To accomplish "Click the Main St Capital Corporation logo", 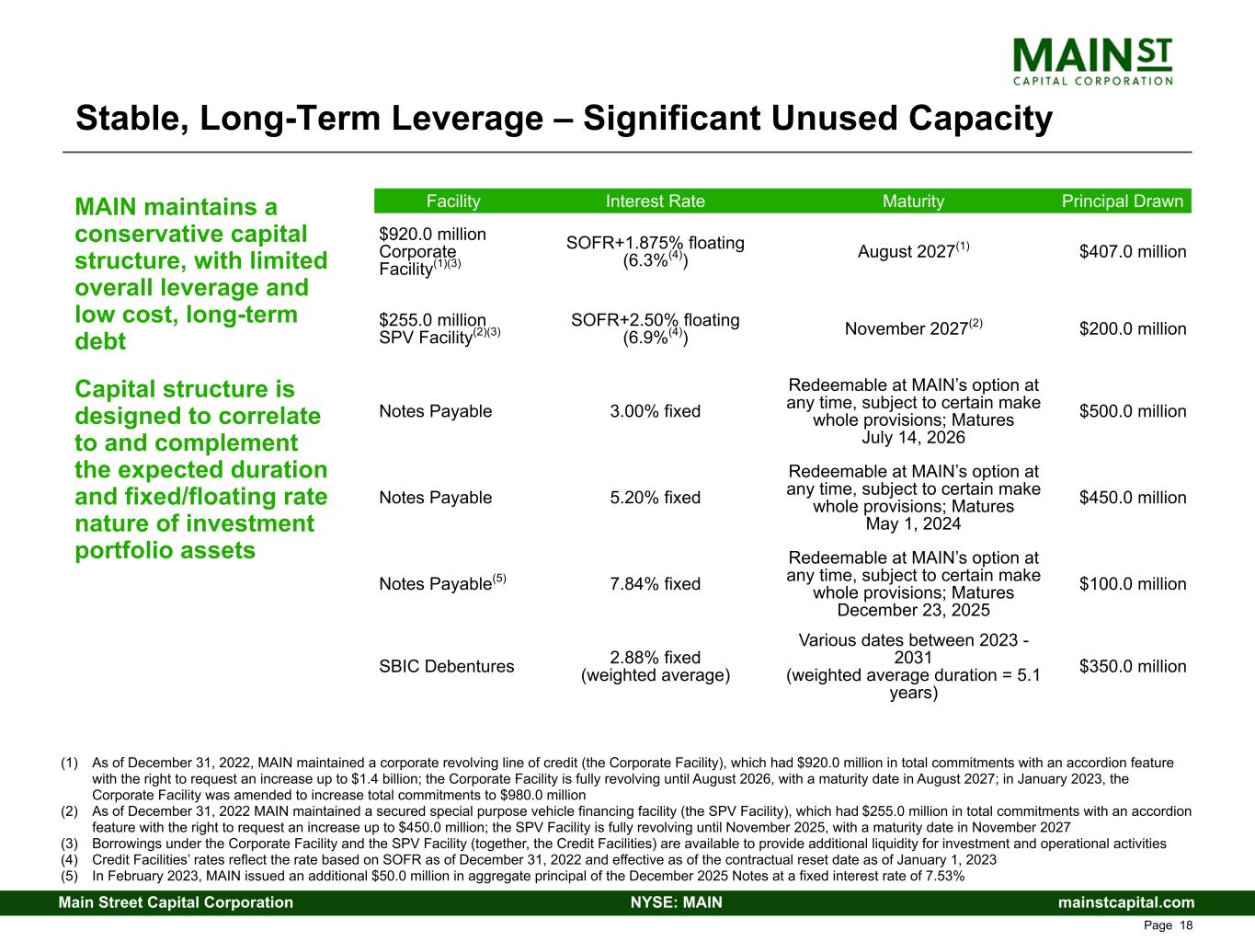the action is pyautogui.click(x=1092, y=62).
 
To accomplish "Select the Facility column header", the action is pyautogui.click(x=453, y=201).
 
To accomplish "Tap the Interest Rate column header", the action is pyautogui.click(x=656, y=201).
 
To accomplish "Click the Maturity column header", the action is pyautogui.click(x=913, y=201).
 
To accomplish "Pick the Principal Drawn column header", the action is pyautogui.click(x=1123, y=201).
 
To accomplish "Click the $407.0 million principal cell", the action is pyautogui.click(x=1133, y=252).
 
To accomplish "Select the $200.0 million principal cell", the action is pyautogui.click(x=1133, y=328).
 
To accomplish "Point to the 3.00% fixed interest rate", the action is pyautogui.click(x=656, y=411).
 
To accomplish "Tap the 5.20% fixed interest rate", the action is pyautogui.click(x=656, y=498).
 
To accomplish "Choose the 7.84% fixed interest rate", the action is pyautogui.click(x=656, y=584).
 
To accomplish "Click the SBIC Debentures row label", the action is pyautogui.click(x=447, y=666).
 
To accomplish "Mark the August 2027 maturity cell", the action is pyautogui.click(x=913, y=250).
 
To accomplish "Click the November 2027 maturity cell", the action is pyautogui.click(x=913, y=327).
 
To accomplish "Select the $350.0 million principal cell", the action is pyautogui.click(x=1133, y=666).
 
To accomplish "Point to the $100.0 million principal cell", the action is pyautogui.click(x=1133, y=584).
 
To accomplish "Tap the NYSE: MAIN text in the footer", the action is pyautogui.click(x=677, y=902).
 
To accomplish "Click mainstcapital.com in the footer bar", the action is pyautogui.click(x=1126, y=902).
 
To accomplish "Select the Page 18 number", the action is pyautogui.click(x=1168, y=925).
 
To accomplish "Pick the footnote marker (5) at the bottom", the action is pyautogui.click(x=69, y=877).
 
